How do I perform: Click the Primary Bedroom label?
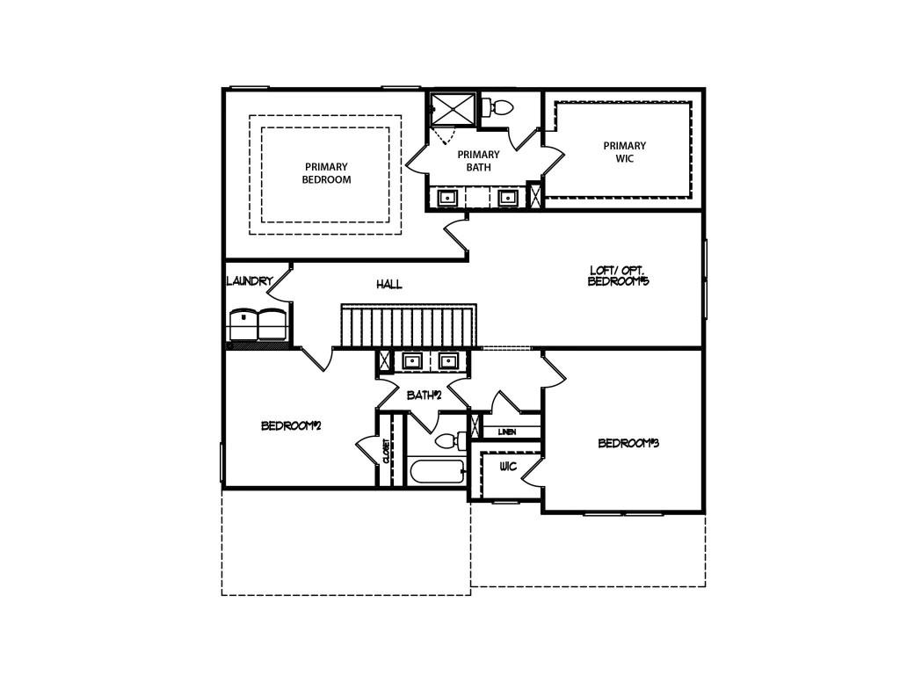pyautogui.click(x=326, y=173)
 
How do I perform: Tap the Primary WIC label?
pyautogui.click(x=624, y=152)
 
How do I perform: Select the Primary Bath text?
pyautogui.click(x=478, y=161)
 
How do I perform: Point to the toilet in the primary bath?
pyautogui.click(x=499, y=108)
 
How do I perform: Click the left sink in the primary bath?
pyautogui.click(x=447, y=198)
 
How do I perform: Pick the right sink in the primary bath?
pyautogui.click(x=507, y=198)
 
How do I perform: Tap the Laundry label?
pyautogui.click(x=250, y=281)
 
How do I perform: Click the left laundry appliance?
pyautogui.click(x=243, y=324)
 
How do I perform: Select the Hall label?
pyautogui.click(x=389, y=285)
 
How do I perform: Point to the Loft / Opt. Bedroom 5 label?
pyautogui.click(x=619, y=276)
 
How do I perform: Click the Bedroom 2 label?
pyautogui.click(x=291, y=426)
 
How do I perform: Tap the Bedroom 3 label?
pyautogui.click(x=628, y=444)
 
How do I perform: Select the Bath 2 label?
pyautogui.click(x=424, y=396)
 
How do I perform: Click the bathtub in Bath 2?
pyautogui.click(x=436, y=473)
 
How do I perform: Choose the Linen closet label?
pyautogui.click(x=507, y=432)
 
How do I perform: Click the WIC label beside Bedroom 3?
pyautogui.click(x=508, y=467)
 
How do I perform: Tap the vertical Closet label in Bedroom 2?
pyautogui.click(x=386, y=451)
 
